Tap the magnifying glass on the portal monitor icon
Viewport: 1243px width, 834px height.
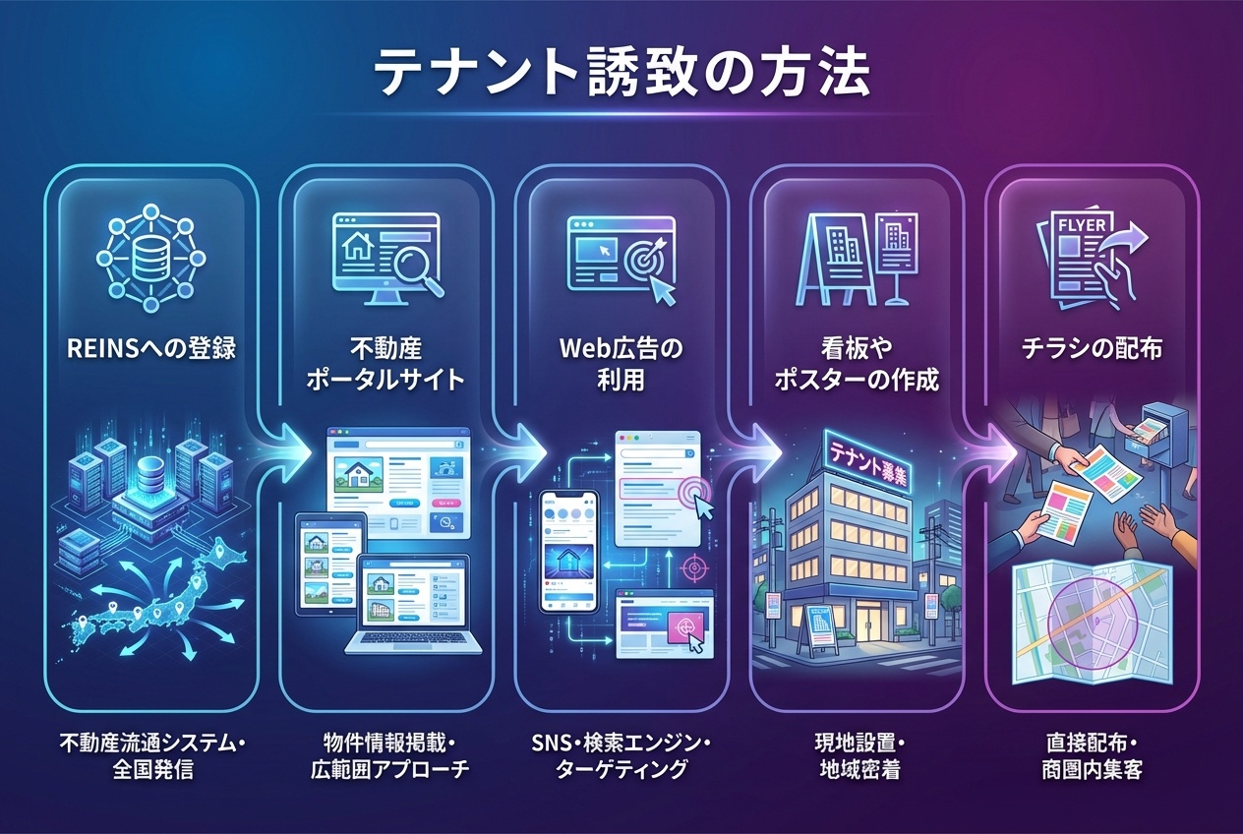(413, 263)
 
